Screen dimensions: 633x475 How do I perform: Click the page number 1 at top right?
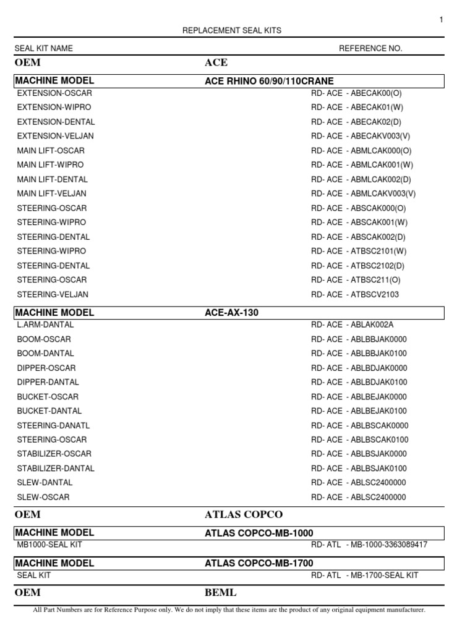coord(441,20)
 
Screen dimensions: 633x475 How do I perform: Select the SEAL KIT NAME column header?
coord(44,48)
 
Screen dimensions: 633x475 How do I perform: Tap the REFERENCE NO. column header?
coord(370,48)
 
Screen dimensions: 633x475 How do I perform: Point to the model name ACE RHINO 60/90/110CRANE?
coord(269,81)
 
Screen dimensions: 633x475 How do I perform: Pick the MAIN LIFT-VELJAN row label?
coord(55,193)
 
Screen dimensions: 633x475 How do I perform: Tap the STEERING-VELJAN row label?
coord(53,294)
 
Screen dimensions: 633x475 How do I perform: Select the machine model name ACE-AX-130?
coord(231,313)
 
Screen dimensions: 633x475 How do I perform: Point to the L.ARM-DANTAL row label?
coord(46,325)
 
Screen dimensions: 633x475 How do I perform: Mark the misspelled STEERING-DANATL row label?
coord(53,425)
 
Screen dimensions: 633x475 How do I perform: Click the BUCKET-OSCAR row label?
coord(48,397)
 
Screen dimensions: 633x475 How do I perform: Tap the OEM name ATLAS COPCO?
coord(243,515)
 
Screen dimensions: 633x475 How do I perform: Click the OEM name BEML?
coord(220,593)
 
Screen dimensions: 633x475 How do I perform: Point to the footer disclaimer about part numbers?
coord(229,610)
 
